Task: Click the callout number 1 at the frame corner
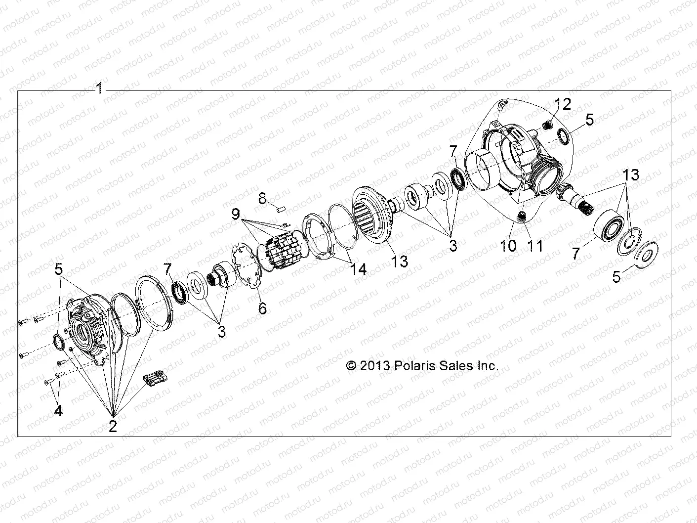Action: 99,88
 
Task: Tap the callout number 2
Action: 113,426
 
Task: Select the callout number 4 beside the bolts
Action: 58,410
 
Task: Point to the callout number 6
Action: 262,308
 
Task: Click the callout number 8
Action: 262,199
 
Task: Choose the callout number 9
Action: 236,214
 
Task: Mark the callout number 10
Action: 509,245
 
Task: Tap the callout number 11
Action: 535,245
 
